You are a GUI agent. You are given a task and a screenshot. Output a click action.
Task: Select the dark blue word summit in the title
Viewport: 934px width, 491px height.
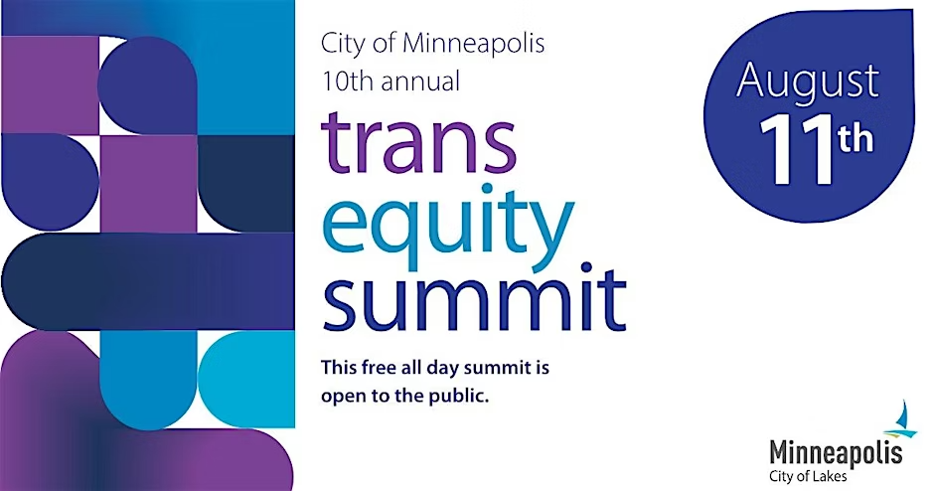click(474, 297)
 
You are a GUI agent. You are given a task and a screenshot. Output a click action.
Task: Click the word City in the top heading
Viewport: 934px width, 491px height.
click(342, 44)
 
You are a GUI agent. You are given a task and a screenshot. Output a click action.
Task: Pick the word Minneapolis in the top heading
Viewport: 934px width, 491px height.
click(474, 43)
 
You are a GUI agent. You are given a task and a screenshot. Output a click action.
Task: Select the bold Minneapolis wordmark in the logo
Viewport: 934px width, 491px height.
click(836, 453)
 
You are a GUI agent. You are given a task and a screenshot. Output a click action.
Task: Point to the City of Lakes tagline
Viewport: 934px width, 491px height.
click(808, 476)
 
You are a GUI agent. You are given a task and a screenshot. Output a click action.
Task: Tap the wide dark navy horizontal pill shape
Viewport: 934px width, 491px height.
click(148, 281)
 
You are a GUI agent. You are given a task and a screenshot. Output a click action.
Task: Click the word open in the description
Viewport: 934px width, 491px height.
click(343, 397)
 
